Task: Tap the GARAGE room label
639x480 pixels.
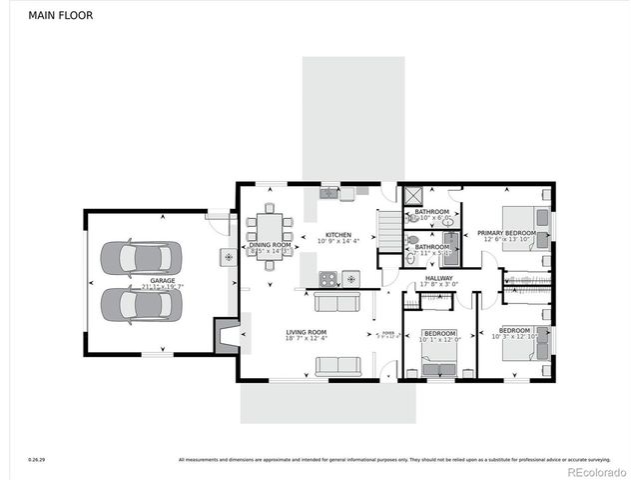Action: (163, 281)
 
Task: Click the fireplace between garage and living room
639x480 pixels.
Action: (227, 334)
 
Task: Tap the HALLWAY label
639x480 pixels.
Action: (439, 279)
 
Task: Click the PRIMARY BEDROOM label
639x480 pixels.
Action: (506, 233)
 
